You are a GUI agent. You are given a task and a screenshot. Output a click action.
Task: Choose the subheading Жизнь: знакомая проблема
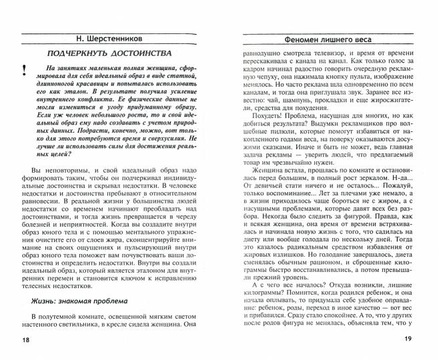[83, 301]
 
